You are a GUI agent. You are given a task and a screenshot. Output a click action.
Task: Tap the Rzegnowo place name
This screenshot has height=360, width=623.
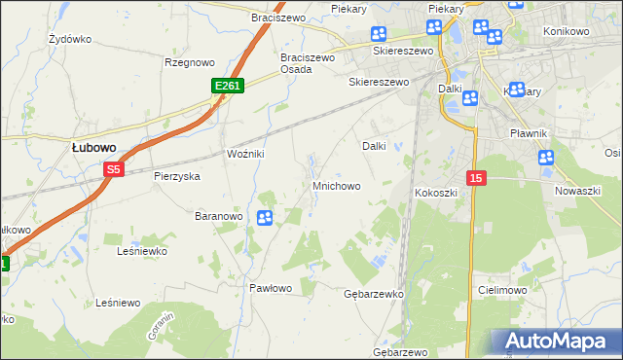point(189,62)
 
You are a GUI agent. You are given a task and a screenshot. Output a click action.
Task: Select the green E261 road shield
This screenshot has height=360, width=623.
point(227,87)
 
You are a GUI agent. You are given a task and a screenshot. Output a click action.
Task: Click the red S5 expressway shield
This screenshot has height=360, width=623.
point(114,169)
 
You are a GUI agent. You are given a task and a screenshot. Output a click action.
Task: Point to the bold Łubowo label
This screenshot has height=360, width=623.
point(94,147)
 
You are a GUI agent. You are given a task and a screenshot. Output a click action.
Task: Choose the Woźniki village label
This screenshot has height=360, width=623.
point(246,155)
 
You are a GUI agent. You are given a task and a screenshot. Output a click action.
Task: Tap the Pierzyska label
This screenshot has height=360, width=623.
point(176,176)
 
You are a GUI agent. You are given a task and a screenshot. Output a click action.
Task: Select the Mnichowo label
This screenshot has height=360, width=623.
point(337,185)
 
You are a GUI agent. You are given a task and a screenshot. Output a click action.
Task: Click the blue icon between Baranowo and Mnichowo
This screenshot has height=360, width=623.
point(264,218)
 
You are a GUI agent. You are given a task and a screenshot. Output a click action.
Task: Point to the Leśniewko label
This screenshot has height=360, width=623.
point(142,251)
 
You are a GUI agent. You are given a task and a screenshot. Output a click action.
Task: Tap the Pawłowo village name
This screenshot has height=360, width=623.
point(271,288)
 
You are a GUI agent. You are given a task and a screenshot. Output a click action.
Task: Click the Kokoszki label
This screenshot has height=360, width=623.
point(436,193)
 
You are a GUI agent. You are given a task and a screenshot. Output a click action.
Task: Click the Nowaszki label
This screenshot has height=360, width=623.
point(577,192)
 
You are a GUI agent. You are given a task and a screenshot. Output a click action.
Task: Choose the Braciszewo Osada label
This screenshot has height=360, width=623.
point(308,63)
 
